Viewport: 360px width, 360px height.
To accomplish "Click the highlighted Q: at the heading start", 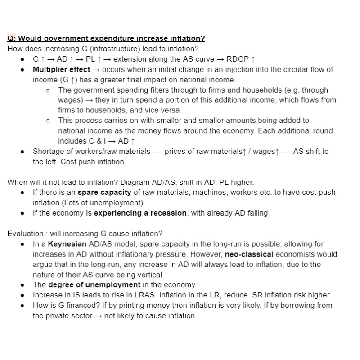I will pos(12,38).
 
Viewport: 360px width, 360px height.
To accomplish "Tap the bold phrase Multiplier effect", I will pos(61,70).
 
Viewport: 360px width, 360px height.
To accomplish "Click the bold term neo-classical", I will pos(249,254).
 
